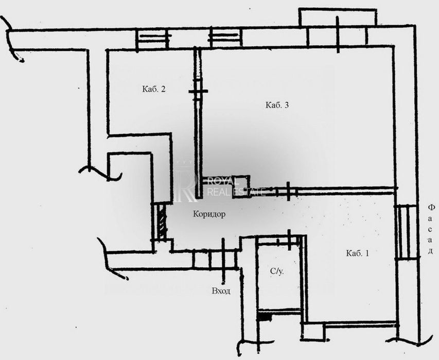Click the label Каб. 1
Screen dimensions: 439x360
(357, 253)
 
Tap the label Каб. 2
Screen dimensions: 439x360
(154, 89)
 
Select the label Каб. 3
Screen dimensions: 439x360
(277, 106)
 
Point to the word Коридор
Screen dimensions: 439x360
(209, 214)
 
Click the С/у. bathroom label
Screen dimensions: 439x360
(277, 271)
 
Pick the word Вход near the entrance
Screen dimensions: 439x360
(221, 291)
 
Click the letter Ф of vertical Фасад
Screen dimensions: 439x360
(431, 208)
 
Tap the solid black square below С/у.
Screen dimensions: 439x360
(265, 317)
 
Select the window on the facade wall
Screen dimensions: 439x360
(406, 232)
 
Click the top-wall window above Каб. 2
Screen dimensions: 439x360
(153, 39)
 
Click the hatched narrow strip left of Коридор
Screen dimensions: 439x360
(161, 221)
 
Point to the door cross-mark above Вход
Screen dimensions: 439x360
(223, 261)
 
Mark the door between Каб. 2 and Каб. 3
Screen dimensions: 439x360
(198, 91)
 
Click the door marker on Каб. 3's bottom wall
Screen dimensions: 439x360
(288, 192)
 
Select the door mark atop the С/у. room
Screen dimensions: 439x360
(289, 239)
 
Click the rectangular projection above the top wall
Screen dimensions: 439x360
(338, 18)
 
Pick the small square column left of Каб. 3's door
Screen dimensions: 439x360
(240, 187)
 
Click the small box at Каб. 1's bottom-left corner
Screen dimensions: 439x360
(313, 332)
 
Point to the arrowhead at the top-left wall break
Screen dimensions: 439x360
(20, 59)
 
